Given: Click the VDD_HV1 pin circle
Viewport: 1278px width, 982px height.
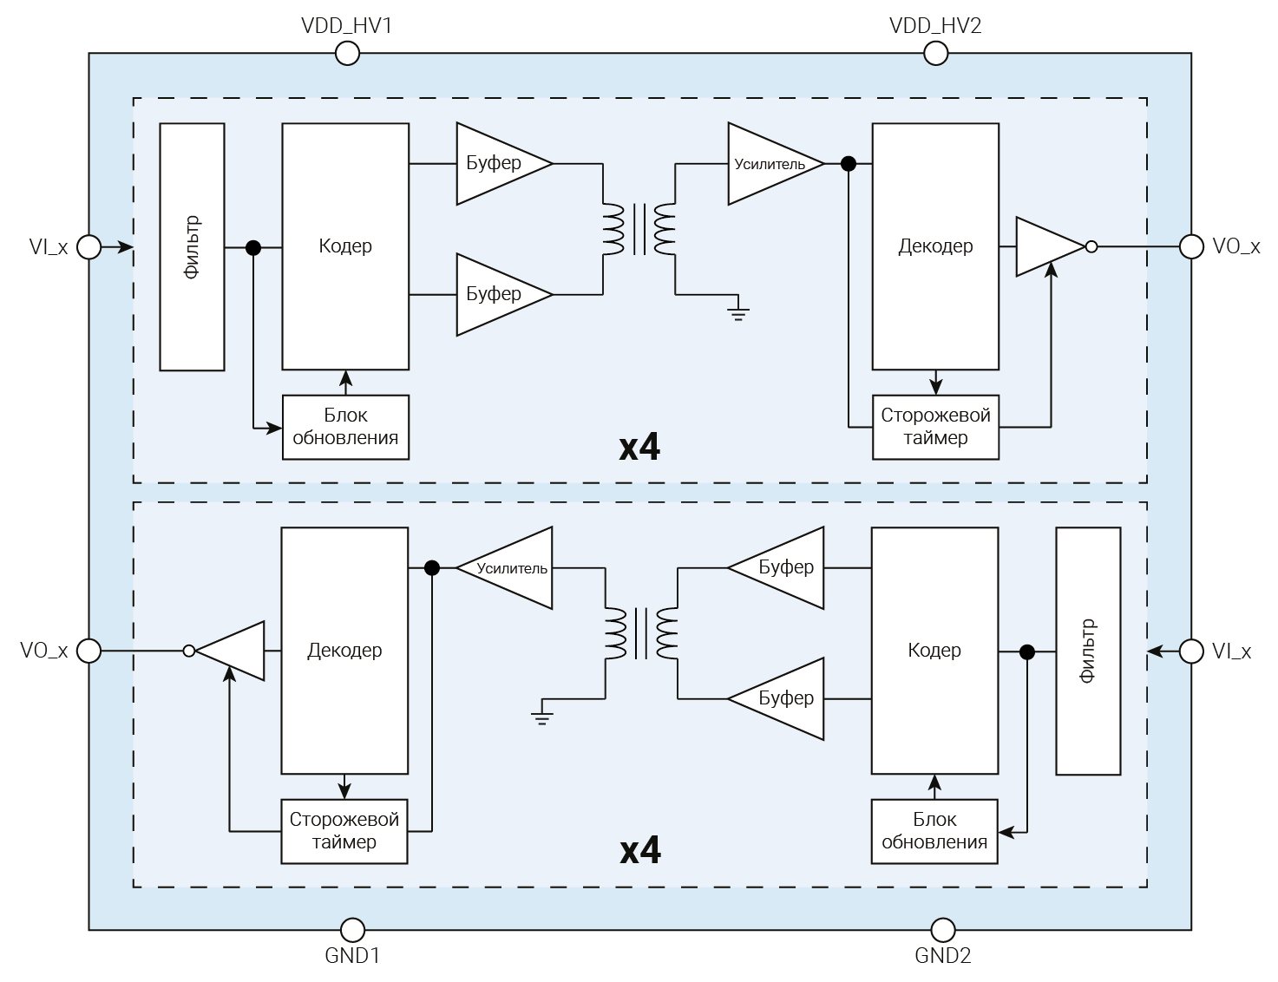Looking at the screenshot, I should pyautogui.click(x=347, y=54).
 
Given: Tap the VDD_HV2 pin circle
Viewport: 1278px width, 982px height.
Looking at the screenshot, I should pyautogui.click(x=935, y=54).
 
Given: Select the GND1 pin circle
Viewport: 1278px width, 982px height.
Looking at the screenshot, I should pyautogui.click(x=352, y=930).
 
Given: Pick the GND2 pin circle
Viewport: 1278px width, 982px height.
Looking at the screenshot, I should pyautogui.click(x=942, y=930).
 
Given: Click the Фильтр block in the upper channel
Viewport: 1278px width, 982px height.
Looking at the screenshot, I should pyautogui.click(x=193, y=247).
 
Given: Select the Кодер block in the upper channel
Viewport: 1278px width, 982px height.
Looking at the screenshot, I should pyautogui.click(x=345, y=247).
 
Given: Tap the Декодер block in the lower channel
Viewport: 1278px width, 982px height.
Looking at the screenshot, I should pyautogui.click(x=344, y=651).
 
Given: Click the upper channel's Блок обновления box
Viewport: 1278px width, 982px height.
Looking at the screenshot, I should pyautogui.click(x=345, y=427).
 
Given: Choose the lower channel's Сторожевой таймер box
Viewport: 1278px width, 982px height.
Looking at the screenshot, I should pyautogui.click(x=344, y=831).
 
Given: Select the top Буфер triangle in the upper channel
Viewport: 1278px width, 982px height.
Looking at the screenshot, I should pyautogui.click(x=496, y=163).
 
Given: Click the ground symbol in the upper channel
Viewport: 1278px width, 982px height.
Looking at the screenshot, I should pyautogui.click(x=738, y=312).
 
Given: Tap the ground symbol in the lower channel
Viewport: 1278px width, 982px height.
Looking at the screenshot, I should pyautogui.click(x=542, y=717).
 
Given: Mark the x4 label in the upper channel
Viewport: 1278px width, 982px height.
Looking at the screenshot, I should pyautogui.click(x=639, y=448).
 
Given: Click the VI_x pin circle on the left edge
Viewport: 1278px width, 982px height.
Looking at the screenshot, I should pyautogui.click(x=88, y=247).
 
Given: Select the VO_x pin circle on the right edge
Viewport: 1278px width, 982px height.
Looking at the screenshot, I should pyautogui.click(x=1191, y=247).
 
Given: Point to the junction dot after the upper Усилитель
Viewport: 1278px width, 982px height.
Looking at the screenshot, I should pyautogui.click(x=849, y=163).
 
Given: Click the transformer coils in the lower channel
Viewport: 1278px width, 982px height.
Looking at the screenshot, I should pyautogui.click(x=641, y=634).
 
